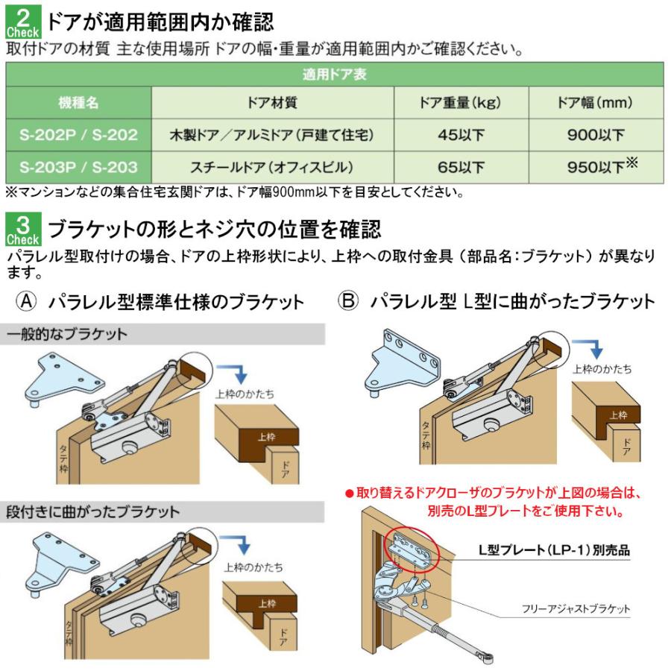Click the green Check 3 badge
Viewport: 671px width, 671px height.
[25, 229]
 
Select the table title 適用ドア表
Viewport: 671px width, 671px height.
[334, 75]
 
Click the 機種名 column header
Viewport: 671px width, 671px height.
[78, 102]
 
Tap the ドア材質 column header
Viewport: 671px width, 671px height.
[271, 102]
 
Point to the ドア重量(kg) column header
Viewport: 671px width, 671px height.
[461, 102]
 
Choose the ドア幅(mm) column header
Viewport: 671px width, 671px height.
[595, 102]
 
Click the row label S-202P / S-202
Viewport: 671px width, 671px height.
[78, 135]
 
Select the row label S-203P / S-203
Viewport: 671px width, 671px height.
[78, 166]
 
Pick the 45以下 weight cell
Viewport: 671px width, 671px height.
[461, 135]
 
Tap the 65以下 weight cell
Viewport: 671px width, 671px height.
[461, 166]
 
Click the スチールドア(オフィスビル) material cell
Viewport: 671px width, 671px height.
[271, 166]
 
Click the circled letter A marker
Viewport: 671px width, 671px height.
[27, 301]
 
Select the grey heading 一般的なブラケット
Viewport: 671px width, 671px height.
[67, 334]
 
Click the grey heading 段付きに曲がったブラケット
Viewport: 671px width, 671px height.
[92, 512]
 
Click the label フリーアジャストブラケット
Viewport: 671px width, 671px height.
[576, 609]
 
